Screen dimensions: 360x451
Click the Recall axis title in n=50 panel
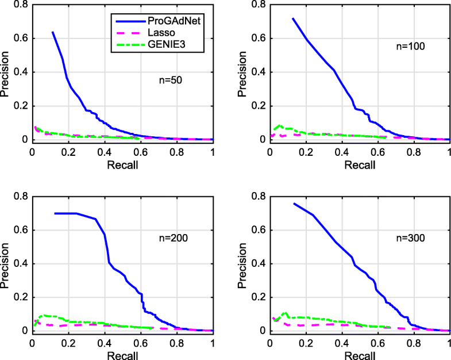[x=122, y=165]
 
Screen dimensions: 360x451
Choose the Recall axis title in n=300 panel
[x=360, y=357]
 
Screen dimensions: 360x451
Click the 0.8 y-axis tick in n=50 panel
[x=20, y=5]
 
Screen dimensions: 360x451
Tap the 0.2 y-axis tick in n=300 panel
[x=259, y=297]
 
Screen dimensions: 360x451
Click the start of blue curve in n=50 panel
[x=52, y=32]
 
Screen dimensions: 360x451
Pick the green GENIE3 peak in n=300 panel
[x=285, y=313]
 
